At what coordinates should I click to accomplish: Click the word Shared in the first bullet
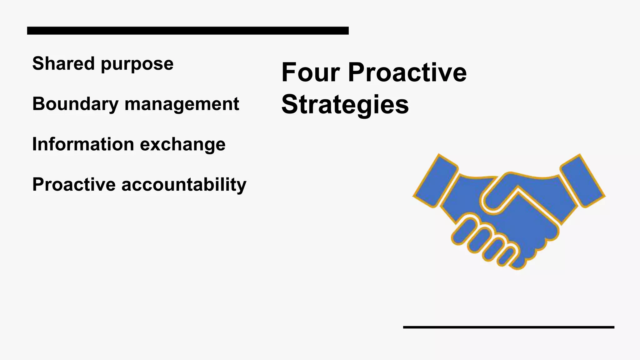63,63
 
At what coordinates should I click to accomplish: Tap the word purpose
137,64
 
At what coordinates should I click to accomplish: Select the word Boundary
75,104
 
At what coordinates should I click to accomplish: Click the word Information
83,144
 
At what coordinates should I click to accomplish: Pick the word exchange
182,145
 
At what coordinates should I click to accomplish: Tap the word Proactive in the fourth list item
74,184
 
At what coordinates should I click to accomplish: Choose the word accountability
184,185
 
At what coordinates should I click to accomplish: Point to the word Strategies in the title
345,105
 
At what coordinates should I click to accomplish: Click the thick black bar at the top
188,31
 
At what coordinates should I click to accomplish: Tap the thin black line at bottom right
508,327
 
